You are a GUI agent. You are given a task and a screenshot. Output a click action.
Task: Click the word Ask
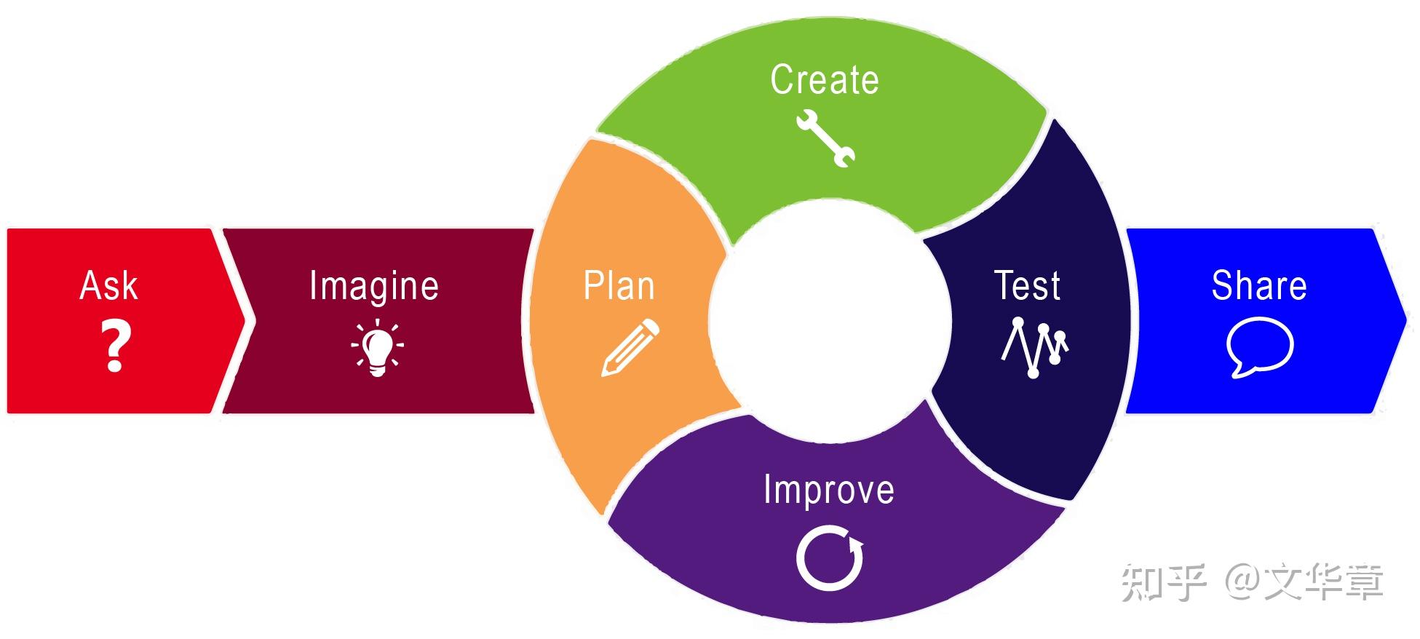(108, 285)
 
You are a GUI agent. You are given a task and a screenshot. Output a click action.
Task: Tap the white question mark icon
(115, 346)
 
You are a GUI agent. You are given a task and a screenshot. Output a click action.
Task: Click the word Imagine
(374, 286)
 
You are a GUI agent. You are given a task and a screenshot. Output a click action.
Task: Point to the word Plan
(619, 285)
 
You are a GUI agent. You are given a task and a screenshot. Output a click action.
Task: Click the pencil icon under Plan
(630, 348)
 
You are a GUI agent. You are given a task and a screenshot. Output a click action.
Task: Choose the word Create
(825, 79)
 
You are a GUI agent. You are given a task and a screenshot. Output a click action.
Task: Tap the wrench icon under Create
(826, 138)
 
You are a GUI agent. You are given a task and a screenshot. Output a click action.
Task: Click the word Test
(1027, 285)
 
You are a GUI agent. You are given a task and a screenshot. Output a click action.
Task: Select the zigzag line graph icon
(1034, 347)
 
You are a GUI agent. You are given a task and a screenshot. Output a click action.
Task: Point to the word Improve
(829, 489)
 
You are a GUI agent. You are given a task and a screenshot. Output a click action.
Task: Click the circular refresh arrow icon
(829, 559)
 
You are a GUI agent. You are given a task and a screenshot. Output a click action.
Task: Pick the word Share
(1259, 285)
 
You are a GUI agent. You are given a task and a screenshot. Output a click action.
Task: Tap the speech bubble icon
(1259, 347)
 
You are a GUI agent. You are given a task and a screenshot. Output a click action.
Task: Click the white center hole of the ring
(830, 320)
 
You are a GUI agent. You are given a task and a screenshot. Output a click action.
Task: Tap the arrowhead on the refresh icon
(856, 544)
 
